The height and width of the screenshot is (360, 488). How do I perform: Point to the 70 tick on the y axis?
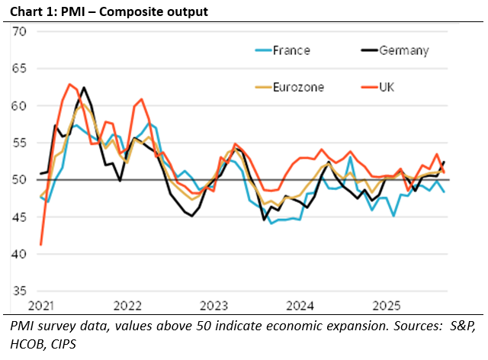[19, 32]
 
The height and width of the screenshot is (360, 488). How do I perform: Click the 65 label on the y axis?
[19, 69]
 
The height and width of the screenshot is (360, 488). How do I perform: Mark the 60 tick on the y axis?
[19, 106]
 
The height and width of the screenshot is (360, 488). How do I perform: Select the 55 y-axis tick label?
[19, 143]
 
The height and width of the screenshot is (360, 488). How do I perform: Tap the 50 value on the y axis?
[19, 180]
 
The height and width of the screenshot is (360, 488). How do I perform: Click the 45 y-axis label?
[19, 217]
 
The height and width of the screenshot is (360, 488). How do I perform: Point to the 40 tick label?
[19, 254]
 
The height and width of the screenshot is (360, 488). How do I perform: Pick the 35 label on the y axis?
[19, 291]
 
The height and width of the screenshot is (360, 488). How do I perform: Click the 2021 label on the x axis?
[40, 306]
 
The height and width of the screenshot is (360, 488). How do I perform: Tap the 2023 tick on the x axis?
[213, 306]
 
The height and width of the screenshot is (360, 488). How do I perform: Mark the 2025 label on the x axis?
[387, 306]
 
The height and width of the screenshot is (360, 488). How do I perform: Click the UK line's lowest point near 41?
[40, 245]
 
